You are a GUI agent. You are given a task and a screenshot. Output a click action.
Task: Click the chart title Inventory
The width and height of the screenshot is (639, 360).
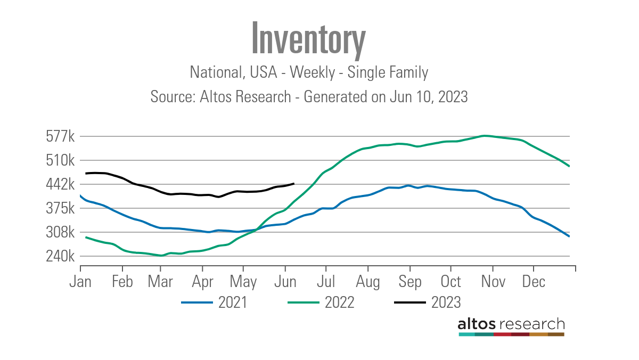(308, 38)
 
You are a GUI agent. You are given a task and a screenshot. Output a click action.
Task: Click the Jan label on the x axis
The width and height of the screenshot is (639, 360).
(80, 282)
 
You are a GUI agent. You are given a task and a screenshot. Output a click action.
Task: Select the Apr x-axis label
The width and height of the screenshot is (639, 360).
(202, 282)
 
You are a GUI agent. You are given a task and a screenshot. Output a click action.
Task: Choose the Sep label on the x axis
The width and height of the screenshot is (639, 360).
(409, 282)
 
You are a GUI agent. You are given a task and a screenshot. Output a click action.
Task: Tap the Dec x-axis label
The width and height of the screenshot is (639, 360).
(533, 282)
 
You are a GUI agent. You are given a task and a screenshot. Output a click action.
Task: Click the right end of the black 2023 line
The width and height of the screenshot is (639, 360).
(294, 184)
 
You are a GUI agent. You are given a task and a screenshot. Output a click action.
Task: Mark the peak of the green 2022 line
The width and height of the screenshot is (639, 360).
(484, 136)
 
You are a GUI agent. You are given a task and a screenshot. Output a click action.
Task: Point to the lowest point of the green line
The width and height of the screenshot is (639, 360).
(161, 256)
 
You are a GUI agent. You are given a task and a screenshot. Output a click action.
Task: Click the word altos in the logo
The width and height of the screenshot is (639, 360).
(477, 324)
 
